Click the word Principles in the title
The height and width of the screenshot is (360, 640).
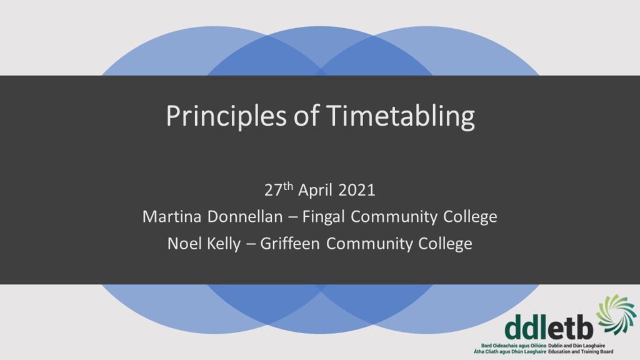226,117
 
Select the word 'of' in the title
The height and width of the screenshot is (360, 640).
306,116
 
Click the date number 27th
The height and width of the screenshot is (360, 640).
279,189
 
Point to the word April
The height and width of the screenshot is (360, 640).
316,190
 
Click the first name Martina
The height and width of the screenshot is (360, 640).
172,216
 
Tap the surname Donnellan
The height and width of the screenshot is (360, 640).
245,216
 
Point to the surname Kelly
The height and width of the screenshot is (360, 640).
224,244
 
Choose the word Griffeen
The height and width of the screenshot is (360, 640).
290,244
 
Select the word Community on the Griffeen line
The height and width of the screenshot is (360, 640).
369,244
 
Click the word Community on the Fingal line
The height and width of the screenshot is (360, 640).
394,217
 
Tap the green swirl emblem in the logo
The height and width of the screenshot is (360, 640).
616,315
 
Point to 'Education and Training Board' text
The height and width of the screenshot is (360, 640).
581,351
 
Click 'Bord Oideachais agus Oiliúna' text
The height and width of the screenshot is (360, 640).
514,346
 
